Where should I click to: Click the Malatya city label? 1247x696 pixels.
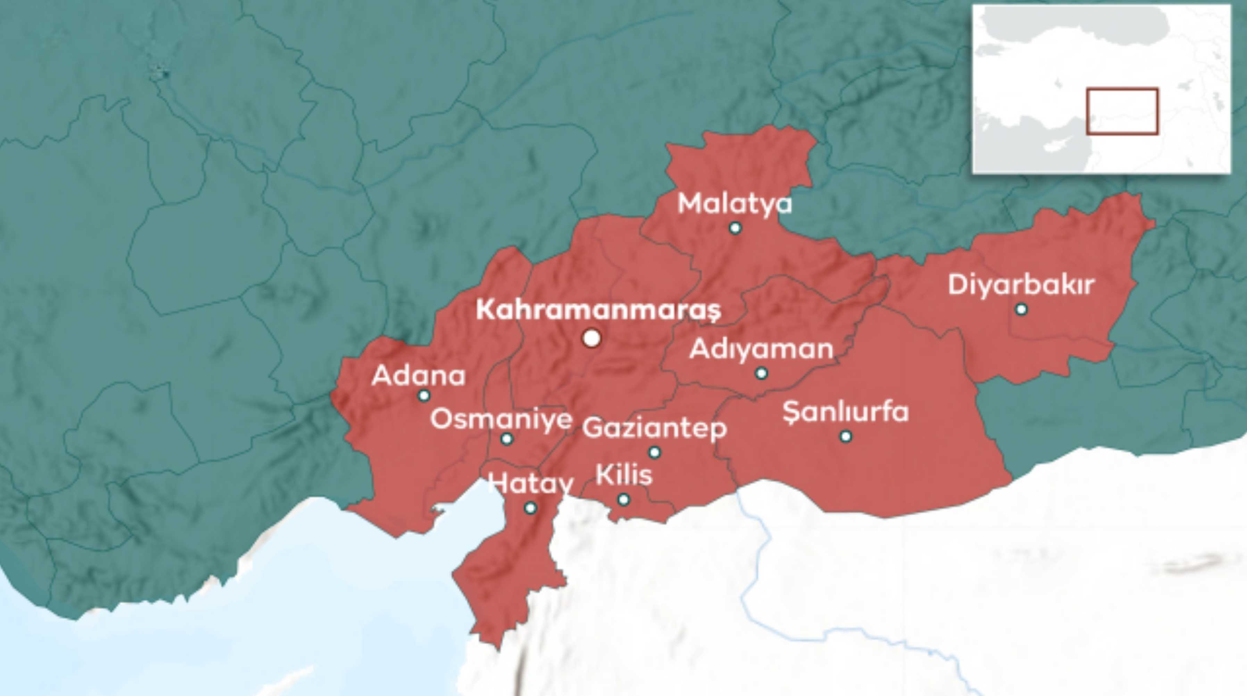735,204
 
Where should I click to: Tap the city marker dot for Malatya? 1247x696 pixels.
735,227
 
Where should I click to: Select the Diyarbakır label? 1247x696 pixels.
1021,285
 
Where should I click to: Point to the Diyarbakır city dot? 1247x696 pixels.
1021,309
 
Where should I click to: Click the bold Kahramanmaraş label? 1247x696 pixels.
599,310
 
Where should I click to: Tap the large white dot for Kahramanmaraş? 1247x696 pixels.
591,338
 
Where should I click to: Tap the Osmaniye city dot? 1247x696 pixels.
506,439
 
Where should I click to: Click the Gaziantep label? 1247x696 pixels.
655,428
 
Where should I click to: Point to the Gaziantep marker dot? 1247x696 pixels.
655,452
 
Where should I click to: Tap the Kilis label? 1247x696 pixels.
624,475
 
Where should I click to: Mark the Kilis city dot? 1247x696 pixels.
624,499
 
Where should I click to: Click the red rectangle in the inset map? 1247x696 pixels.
1122,112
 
